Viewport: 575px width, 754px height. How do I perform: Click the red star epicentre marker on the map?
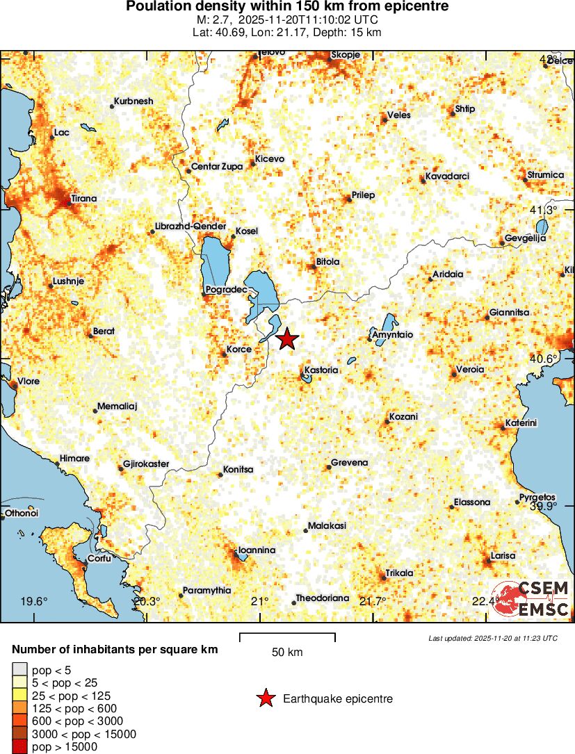(x=286, y=340)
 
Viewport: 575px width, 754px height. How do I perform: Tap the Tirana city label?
(x=83, y=199)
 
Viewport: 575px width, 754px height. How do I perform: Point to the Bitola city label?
(x=327, y=262)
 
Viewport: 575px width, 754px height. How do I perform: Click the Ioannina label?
(x=257, y=550)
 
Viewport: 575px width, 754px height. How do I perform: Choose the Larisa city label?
(x=503, y=556)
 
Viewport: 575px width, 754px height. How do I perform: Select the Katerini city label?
(x=521, y=423)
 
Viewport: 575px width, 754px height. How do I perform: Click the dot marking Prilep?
(x=348, y=199)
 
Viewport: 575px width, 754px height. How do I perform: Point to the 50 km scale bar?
(x=287, y=637)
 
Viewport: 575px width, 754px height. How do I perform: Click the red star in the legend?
(x=265, y=699)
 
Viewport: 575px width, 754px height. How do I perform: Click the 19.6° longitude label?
(x=33, y=601)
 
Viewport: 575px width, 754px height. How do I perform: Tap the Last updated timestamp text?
(x=493, y=638)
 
